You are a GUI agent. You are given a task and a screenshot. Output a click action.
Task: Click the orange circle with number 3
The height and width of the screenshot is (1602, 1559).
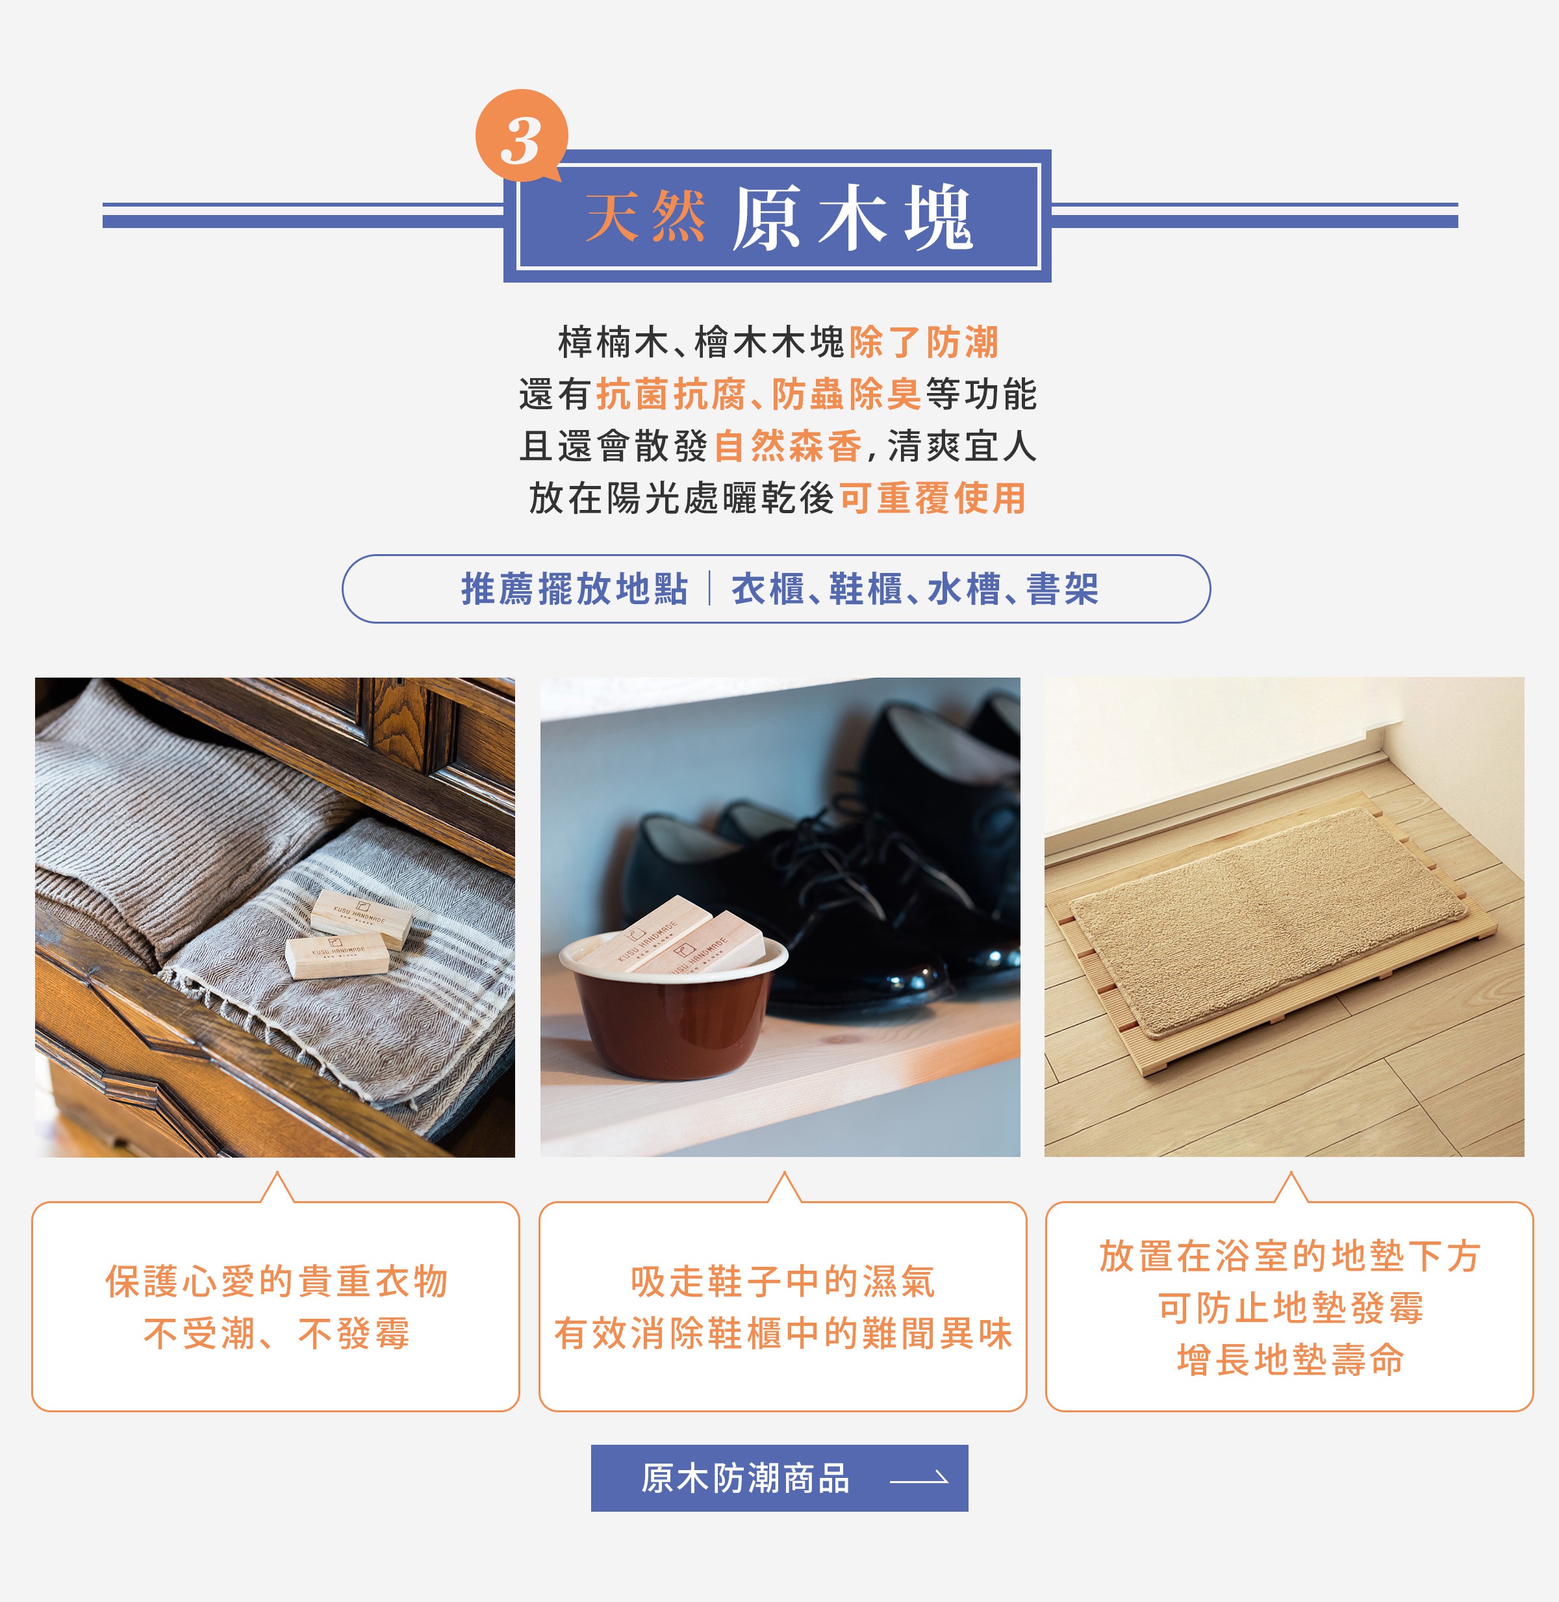click(x=522, y=135)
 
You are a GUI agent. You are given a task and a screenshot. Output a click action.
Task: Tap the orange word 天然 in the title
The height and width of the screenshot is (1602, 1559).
click(x=645, y=218)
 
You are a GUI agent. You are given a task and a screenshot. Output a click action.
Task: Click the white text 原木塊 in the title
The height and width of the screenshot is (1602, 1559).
click(x=852, y=218)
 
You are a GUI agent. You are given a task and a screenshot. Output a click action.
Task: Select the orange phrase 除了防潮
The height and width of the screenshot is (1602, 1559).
click(x=924, y=342)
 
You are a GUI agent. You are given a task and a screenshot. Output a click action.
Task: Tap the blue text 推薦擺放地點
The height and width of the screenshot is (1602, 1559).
click(x=574, y=589)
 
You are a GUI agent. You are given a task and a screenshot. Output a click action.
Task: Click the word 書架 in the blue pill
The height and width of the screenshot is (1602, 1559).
click(x=1063, y=589)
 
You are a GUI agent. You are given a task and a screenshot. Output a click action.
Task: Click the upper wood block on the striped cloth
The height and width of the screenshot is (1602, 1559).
click(x=361, y=918)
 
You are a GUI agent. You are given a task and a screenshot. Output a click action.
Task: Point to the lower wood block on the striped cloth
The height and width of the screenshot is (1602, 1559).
click(x=336, y=956)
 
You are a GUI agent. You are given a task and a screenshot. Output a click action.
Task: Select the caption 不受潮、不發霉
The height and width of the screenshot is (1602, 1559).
click(x=277, y=1333)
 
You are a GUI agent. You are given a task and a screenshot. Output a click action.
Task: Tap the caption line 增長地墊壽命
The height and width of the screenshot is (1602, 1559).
click(x=1291, y=1360)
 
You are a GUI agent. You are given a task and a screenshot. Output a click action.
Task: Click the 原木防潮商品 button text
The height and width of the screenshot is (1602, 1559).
click(x=746, y=1479)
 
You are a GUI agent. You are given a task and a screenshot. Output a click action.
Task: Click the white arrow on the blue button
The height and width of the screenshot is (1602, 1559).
click(x=919, y=1479)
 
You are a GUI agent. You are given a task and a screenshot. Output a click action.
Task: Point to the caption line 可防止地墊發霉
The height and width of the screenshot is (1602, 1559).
click(x=1291, y=1308)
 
